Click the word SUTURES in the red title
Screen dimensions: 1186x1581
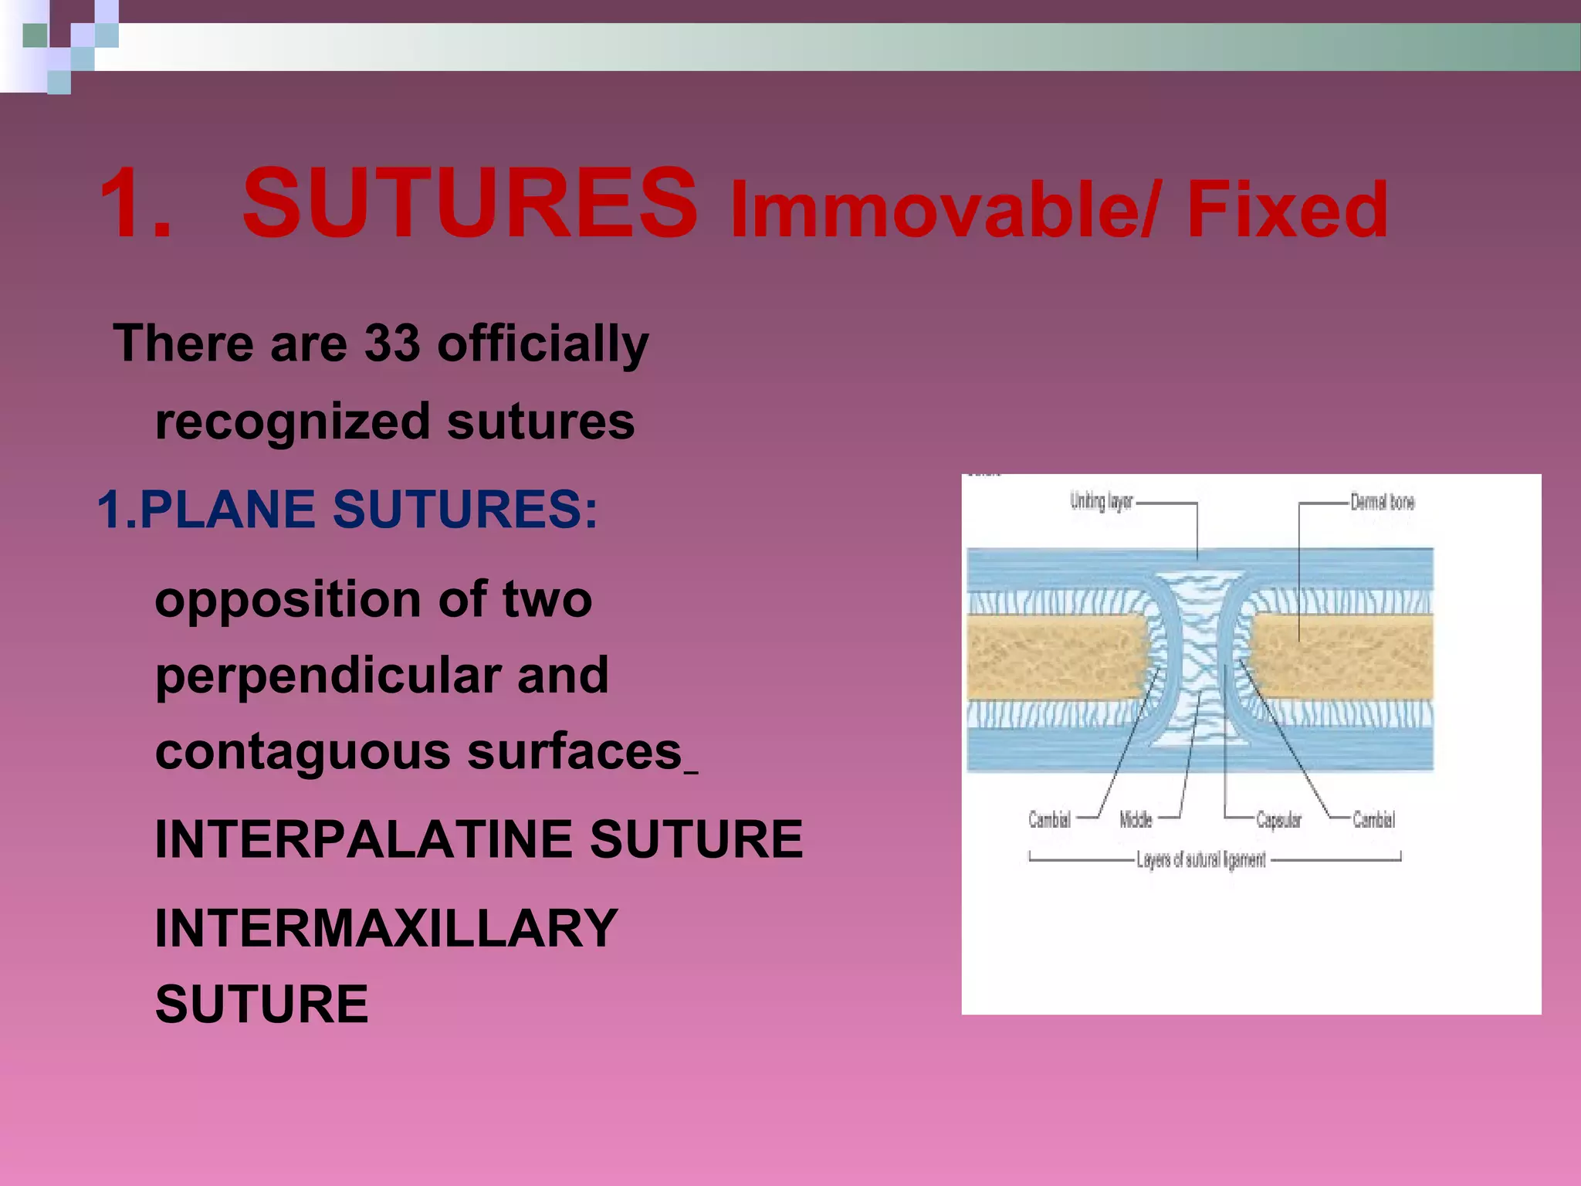click(x=469, y=205)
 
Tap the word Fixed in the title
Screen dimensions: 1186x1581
click(x=1287, y=210)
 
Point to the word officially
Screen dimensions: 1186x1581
click(x=543, y=344)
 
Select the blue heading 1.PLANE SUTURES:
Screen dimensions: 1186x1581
click(x=347, y=510)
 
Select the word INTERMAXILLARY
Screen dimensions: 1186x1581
click(x=386, y=929)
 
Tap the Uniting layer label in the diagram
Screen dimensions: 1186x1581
click(x=1100, y=502)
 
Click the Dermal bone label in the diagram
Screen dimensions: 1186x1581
click(x=1382, y=503)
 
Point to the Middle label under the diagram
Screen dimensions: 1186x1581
click(x=1136, y=819)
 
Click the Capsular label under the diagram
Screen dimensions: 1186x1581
click(x=1278, y=819)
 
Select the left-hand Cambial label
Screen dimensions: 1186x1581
click(x=1049, y=819)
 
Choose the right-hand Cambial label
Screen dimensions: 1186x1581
click(x=1373, y=819)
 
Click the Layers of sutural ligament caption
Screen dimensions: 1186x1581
click(x=1200, y=860)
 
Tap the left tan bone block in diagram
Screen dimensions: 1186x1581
click(x=1054, y=656)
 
